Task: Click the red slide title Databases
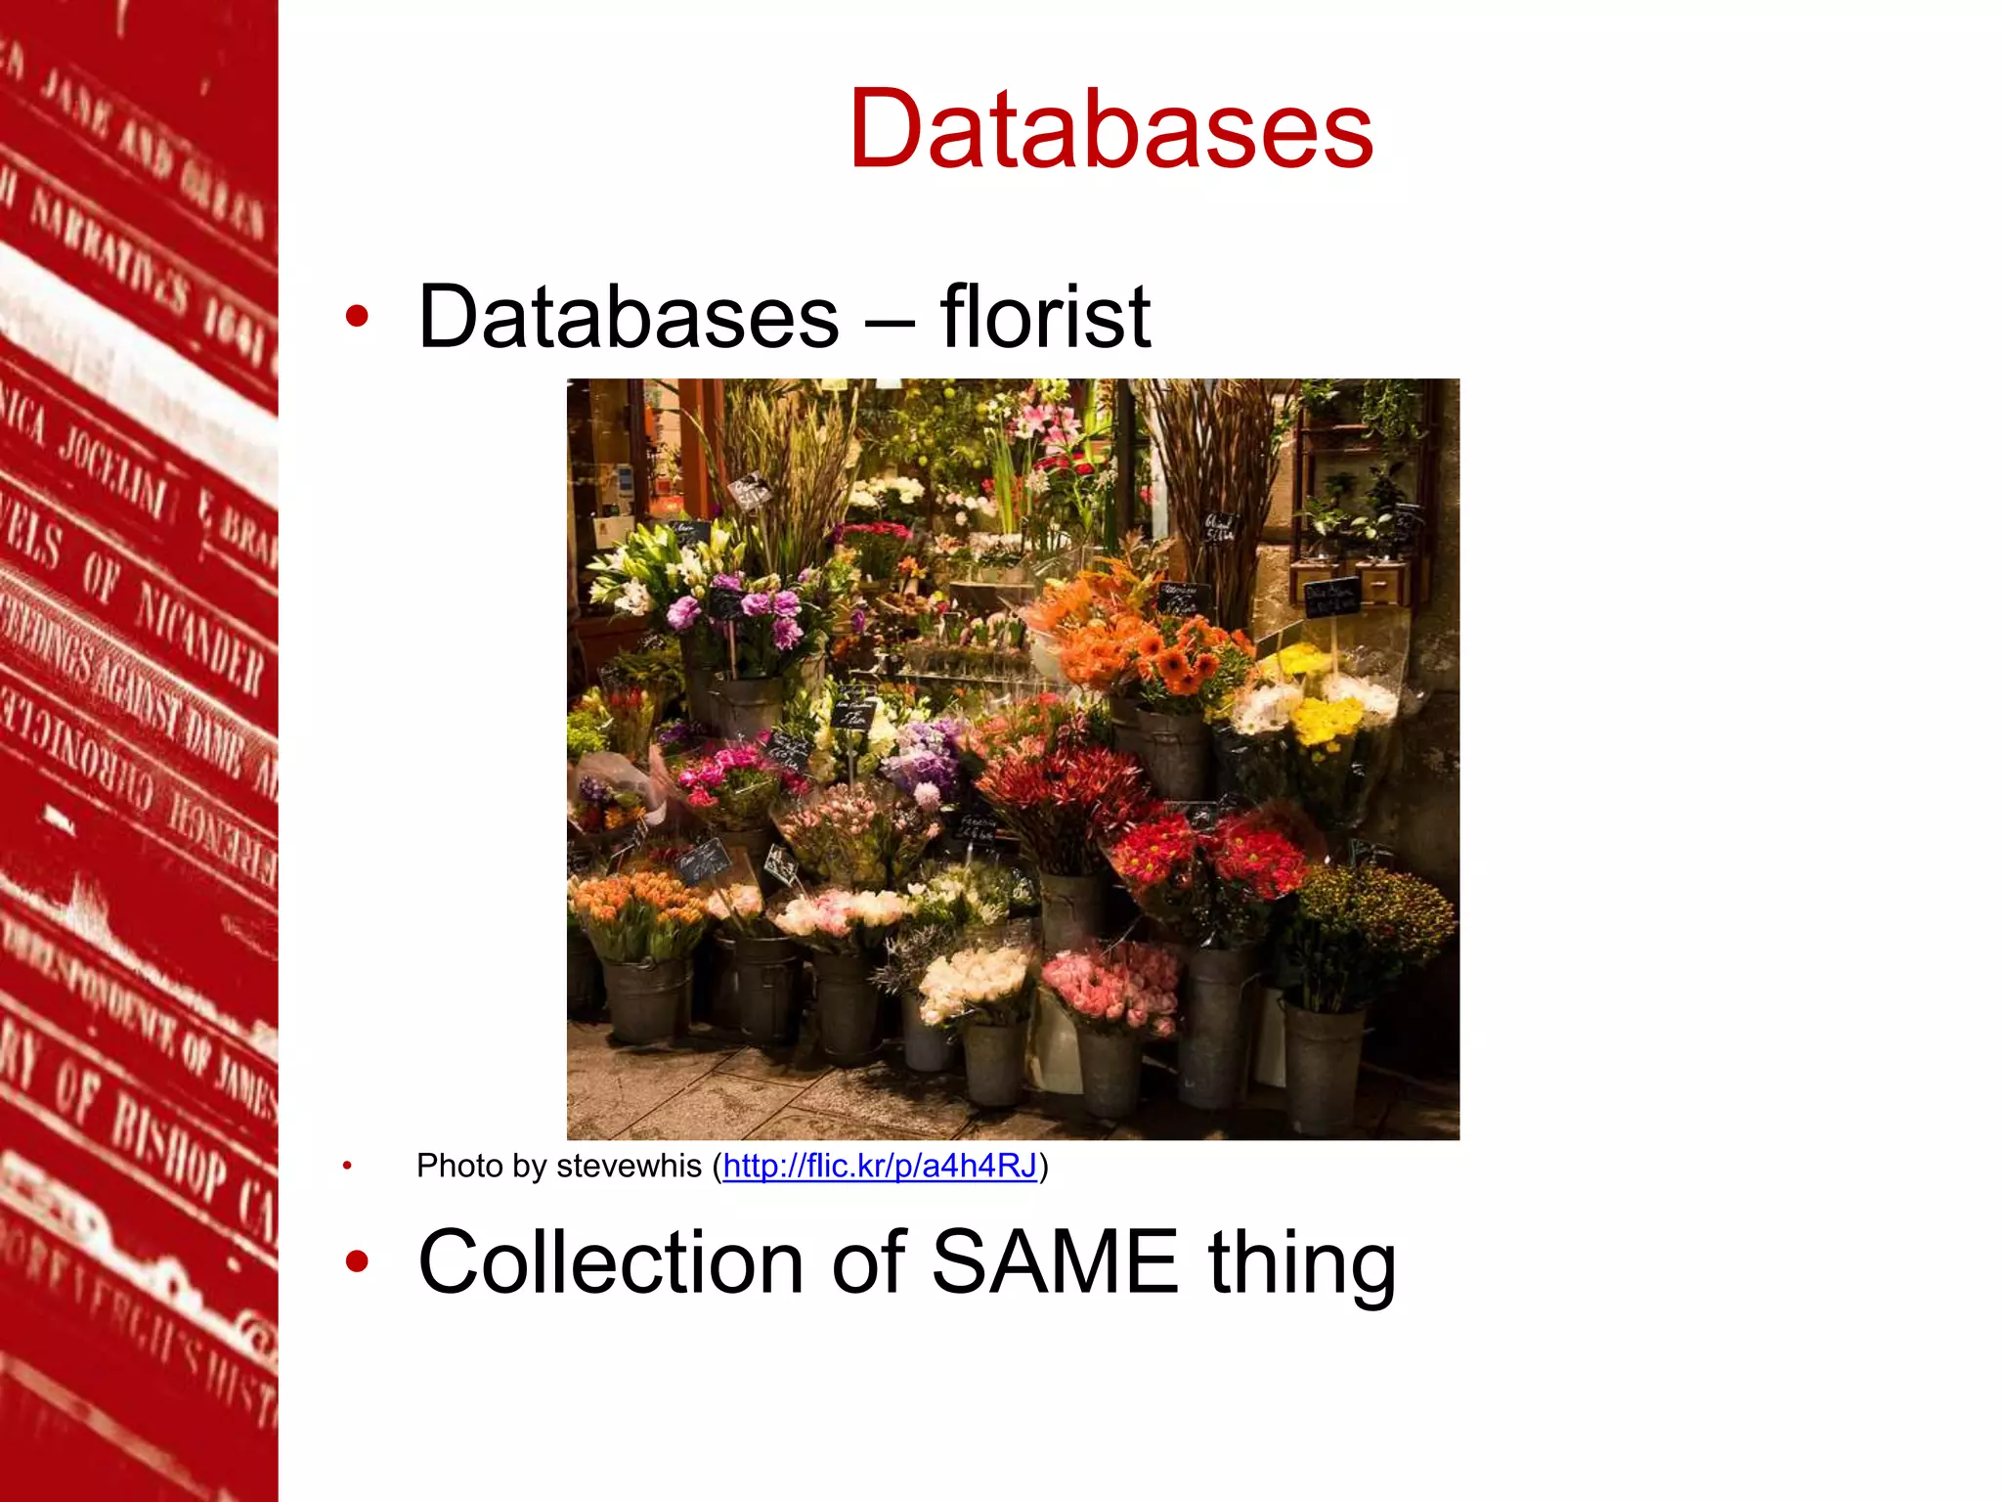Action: click(x=1111, y=129)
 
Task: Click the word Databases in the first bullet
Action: click(x=628, y=317)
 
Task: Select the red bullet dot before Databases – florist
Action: click(x=357, y=316)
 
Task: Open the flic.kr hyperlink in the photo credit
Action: click(x=879, y=1166)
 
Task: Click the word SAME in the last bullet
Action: click(x=1054, y=1262)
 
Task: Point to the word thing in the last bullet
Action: click(x=1301, y=1262)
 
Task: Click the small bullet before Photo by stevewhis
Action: click(x=347, y=1166)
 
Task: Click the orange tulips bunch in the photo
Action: click(x=635, y=905)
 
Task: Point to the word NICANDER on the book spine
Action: click(x=196, y=636)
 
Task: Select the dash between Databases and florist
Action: click(x=889, y=319)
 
